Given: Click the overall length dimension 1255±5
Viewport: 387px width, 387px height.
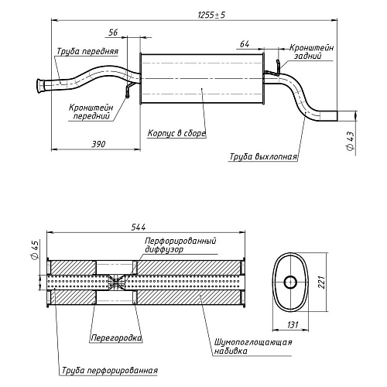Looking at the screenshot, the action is [x=211, y=15].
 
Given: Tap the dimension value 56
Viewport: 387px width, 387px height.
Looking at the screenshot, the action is [x=113, y=33].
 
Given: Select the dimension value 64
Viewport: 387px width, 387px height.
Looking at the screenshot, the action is [x=245, y=44].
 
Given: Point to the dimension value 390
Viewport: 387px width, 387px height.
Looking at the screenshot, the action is [x=98, y=144].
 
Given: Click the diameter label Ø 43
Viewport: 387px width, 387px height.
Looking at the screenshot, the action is [x=350, y=141].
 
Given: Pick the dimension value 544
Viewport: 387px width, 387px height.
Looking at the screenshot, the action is [x=139, y=227].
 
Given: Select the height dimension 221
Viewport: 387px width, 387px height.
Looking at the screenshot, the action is [x=321, y=282].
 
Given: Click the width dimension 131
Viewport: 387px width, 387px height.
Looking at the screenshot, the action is [x=293, y=325].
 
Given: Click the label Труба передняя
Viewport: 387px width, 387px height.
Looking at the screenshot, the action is [x=87, y=52].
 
